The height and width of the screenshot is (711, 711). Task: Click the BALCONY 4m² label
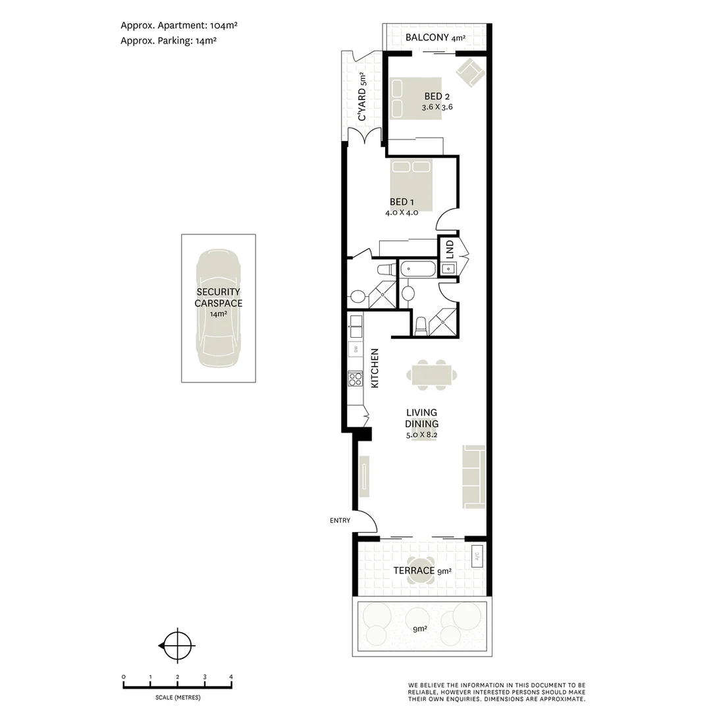435,38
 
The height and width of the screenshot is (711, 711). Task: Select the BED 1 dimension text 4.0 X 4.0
402,213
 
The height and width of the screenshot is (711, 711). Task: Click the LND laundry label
450,248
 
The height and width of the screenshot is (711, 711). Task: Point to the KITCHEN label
375,368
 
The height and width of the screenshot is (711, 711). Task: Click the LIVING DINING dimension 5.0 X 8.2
422,435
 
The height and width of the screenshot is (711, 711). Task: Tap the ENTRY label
340,521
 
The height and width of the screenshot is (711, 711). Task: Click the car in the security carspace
219,307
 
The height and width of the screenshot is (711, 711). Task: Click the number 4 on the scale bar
231,677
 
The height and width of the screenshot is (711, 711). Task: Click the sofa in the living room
474,477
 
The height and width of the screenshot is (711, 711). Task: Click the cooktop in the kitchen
355,379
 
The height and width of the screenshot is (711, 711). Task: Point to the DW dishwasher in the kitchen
355,349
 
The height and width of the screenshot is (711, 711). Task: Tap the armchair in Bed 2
470,72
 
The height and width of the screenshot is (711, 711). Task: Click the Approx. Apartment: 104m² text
178,26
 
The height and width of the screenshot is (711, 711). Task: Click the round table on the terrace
419,571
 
